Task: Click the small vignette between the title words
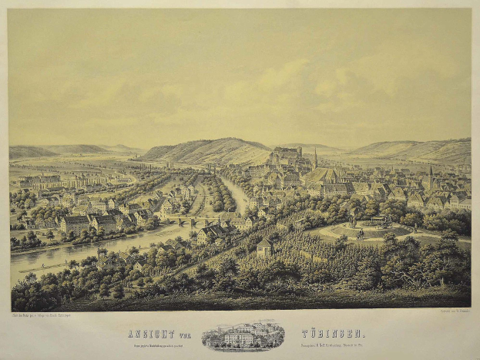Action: click(x=243, y=337)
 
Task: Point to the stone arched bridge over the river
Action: click(x=186, y=221)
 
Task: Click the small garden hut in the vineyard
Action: click(x=264, y=247)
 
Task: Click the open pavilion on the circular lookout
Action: click(x=378, y=223)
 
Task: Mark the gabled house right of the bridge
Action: click(x=209, y=232)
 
